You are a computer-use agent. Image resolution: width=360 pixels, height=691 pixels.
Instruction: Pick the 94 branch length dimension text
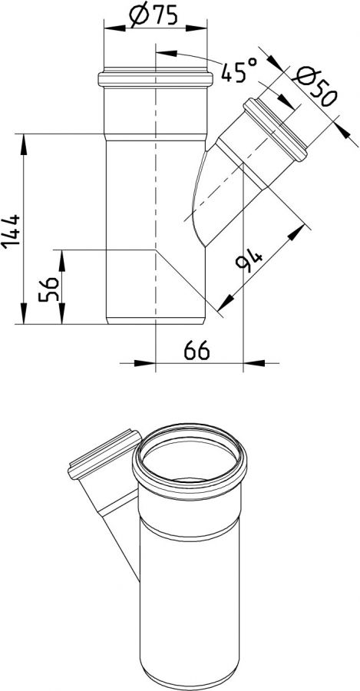[250, 264]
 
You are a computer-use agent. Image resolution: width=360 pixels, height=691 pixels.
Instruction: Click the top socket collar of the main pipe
[155, 78]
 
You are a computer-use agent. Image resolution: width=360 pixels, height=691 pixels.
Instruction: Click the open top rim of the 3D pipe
[191, 461]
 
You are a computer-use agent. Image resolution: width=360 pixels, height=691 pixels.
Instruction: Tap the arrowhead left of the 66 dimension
[146, 362]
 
